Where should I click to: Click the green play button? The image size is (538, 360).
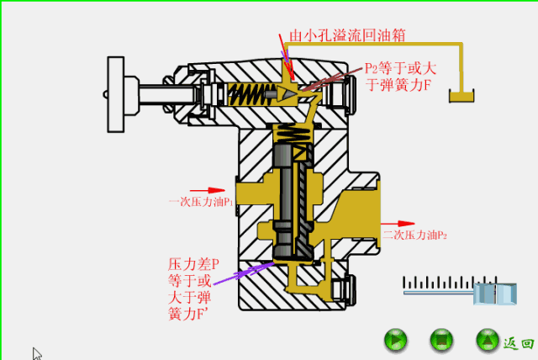[396, 341]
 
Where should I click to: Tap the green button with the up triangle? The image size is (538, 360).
[487, 341]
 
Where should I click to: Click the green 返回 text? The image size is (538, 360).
[518, 342]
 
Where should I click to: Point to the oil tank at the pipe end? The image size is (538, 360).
[462, 98]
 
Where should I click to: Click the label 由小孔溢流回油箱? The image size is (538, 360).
[348, 35]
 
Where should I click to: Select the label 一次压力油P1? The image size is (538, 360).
[200, 203]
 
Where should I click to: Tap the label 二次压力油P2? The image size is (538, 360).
[414, 235]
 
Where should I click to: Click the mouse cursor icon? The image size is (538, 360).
[36, 353]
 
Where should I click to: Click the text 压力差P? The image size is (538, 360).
[193, 264]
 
